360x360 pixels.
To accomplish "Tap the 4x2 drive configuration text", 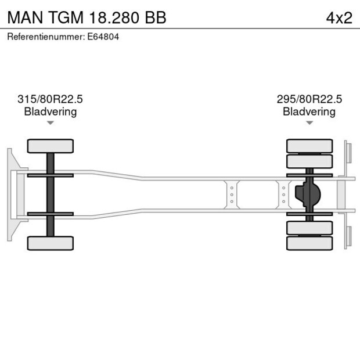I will pos(339,17).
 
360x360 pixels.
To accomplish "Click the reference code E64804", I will pos(105,37).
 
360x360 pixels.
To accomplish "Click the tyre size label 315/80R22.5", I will pos(50,99).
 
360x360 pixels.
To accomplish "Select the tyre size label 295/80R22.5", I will pos(309,99).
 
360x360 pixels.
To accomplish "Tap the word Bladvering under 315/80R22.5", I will pos(50,111).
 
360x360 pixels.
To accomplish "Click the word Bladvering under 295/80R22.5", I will pos(309,111).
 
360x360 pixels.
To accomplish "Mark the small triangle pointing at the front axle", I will pos(51,123).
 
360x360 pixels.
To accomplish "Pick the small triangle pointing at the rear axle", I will pos(309,123).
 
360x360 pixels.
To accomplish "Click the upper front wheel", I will pos(51,146).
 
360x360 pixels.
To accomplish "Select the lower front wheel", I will pos(51,243).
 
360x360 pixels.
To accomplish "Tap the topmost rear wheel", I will pos(309,145).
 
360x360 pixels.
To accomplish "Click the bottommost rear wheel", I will pos(309,243).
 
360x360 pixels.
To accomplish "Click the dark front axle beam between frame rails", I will pos(51,195).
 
